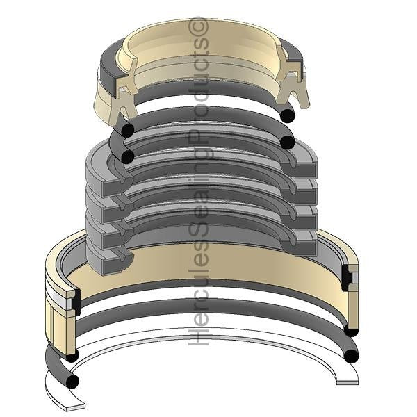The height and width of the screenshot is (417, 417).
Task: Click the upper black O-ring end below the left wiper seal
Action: pos(127,130)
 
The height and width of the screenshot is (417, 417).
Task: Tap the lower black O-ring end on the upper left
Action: pos(127,156)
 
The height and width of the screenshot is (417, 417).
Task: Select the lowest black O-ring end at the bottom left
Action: pos(72,382)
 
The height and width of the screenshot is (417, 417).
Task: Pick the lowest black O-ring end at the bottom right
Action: pos(352,357)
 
